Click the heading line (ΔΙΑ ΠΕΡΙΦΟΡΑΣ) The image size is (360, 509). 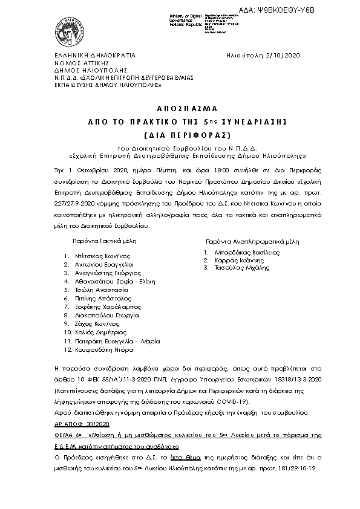pyautogui.click(x=179, y=134)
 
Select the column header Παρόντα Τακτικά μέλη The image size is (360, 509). pyautogui.click(x=105, y=240)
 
